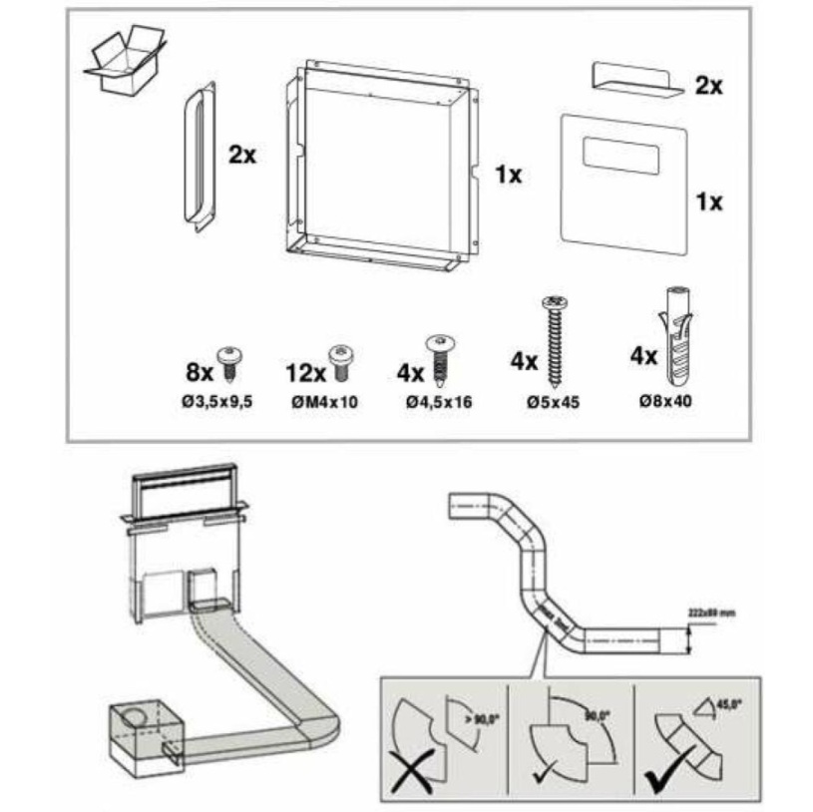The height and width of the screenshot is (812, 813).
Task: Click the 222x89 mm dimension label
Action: (710, 611)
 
